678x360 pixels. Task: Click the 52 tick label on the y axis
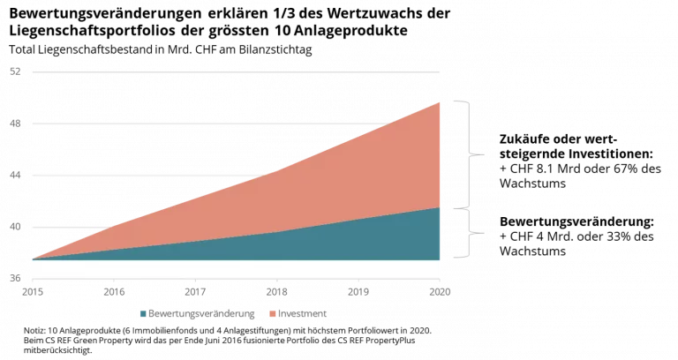pos(15,71)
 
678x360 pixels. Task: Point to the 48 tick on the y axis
pos(15,124)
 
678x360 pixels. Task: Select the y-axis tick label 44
pos(15,175)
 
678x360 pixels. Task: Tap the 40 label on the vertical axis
pos(15,227)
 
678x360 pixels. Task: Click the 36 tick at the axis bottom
pos(15,278)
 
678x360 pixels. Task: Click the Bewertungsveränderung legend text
pos(202,314)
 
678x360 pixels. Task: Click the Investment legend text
pos(302,314)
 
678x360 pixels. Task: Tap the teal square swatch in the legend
pos(143,314)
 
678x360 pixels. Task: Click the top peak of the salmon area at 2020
pos(440,102)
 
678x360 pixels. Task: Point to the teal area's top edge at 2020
pos(440,207)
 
